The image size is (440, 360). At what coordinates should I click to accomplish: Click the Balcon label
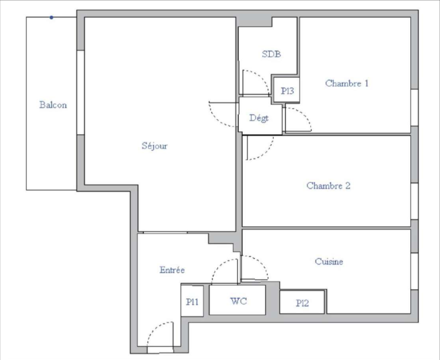pyautogui.click(x=53, y=105)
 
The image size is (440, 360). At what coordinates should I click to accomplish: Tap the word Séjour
pyautogui.click(x=155, y=146)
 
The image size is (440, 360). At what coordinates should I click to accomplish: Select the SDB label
pyautogui.click(x=271, y=54)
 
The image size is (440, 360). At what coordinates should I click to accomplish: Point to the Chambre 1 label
pyautogui.click(x=347, y=83)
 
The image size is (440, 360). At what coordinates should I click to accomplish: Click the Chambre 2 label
pyautogui.click(x=328, y=186)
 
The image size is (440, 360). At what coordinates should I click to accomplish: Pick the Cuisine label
pyautogui.click(x=329, y=261)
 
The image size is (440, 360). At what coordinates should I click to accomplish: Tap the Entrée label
pyautogui.click(x=172, y=270)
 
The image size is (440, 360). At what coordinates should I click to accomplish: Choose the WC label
pyautogui.click(x=239, y=301)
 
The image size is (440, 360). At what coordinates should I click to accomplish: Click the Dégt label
pyautogui.click(x=259, y=118)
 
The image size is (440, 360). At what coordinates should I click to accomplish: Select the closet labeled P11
pyautogui.click(x=192, y=301)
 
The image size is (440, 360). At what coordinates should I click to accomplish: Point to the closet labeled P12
pyautogui.click(x=302, y=302)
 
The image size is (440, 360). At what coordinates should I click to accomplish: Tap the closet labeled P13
pyautogui.click(x=286, y=90)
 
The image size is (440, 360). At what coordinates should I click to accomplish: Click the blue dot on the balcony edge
pyautogui.click(x=52, y=18)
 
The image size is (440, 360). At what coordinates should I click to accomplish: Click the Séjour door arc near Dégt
pyautogui.click(x=215, y=119)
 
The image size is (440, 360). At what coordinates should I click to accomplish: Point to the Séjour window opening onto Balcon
pyautogui.click(x=81, y=93)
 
